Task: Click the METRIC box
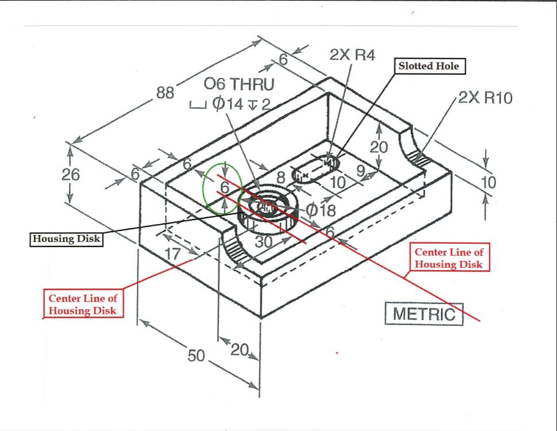(x=424, y=314)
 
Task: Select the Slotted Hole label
(x=429, y=66)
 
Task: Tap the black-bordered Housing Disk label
(x=66, y=239)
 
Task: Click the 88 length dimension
(x=166, y=93)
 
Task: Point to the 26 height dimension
(x=71, y=174)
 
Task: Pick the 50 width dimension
(x=196, y=356)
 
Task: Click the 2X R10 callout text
(x=485, y=98)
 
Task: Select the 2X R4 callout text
(x=352, y=55)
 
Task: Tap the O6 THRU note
(x=239, y=84)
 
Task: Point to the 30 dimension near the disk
(x=264, y=242)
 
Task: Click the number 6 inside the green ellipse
(x=225, y=187)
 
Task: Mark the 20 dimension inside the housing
(x=379, y=147)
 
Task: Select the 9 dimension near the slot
(x=360, y=170)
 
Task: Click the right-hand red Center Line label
(x=449, y=258)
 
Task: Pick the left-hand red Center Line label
(x=82, y=304)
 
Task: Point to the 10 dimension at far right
(x=489, y=183)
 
